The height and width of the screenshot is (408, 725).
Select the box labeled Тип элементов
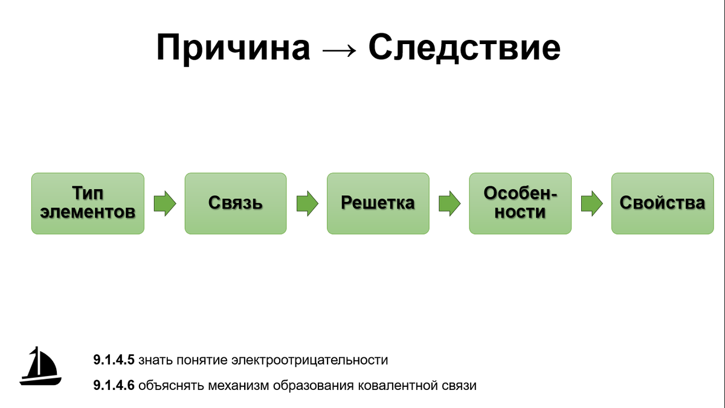pos(88,203)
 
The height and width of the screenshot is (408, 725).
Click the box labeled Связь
pos(236,203)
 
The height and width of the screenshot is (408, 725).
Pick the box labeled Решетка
pos(378,203)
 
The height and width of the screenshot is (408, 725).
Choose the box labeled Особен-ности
pos(520,203)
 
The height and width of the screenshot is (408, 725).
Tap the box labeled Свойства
pos(662,203)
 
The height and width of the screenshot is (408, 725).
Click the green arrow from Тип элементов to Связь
pos(164,203)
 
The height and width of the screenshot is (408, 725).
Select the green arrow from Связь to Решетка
pos(307,203)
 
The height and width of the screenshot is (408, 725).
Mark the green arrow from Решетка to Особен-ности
pos(449,203)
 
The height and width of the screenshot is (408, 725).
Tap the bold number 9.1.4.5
pos(114,360)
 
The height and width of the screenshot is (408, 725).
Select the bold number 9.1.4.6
pos(114,386)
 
